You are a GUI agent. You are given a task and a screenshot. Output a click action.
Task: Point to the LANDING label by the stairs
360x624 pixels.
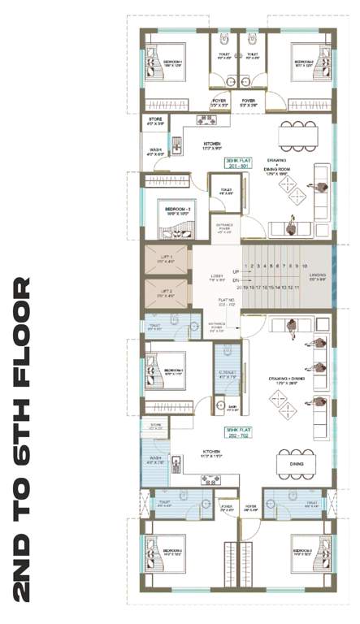[317, 278]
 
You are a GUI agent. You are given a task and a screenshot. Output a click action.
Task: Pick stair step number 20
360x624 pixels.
[240, 287]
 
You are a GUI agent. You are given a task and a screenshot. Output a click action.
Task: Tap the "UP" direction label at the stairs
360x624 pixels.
[234, 271]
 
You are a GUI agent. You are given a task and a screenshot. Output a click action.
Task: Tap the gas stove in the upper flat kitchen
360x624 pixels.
[206, 119]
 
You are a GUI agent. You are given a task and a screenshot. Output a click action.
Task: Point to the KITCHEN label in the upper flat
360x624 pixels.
[213, 145]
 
